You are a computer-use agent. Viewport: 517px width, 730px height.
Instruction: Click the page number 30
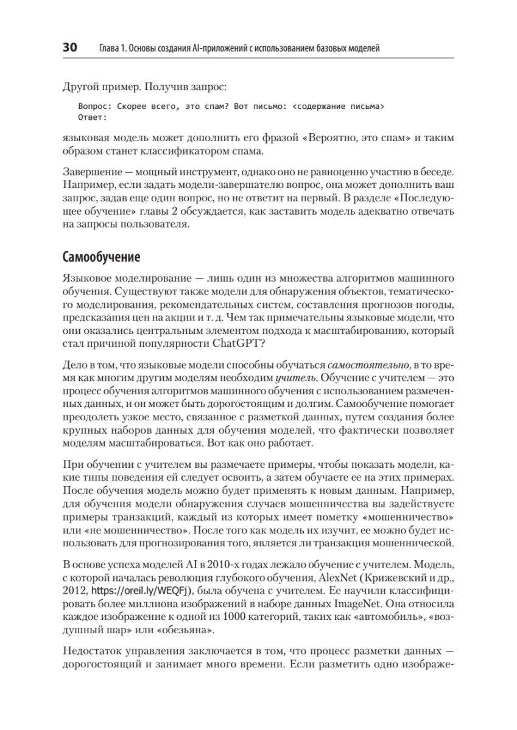[x=69, y=47]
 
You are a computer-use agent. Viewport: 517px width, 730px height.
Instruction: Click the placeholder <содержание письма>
[x=338, y=106]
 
